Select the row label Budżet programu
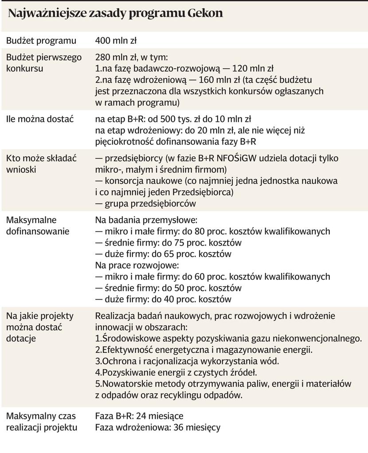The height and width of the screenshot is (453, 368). (41, 41)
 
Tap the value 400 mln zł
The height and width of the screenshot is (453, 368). (116, 41)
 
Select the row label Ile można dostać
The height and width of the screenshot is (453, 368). (39, 119)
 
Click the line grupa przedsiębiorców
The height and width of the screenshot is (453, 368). (145, 203)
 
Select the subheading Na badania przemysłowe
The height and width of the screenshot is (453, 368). (146, 220)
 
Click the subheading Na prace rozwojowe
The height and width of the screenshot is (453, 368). (137, 266)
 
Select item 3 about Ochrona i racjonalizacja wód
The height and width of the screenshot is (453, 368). (187, 361)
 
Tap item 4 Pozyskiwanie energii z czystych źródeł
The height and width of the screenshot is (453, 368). (176, 372)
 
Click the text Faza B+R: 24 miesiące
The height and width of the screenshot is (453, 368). (139, 416)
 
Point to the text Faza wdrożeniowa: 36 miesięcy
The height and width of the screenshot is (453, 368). (157, 428)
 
